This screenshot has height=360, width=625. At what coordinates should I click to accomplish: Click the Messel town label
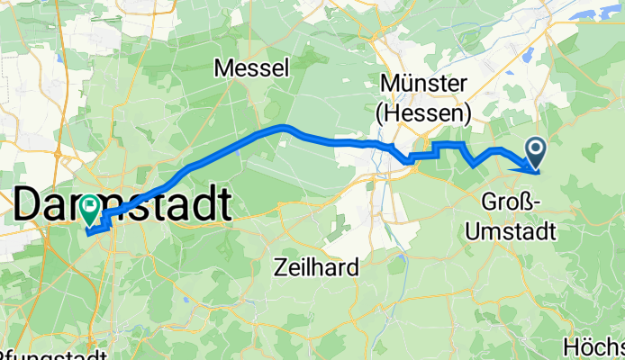[x=251, y=67]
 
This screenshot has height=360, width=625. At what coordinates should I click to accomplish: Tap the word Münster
[x=424, y=84]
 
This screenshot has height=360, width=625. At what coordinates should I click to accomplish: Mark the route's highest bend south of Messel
[x=285, y=127]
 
